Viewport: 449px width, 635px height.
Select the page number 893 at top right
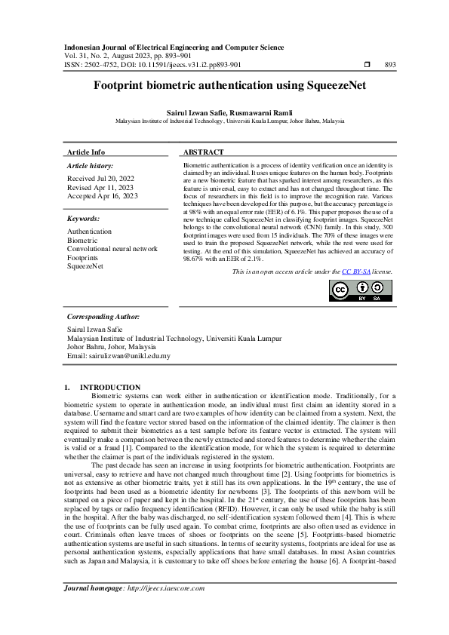coord(390,65)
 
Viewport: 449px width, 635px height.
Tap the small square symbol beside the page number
coord(367,65)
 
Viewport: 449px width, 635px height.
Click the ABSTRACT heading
coord(203,152)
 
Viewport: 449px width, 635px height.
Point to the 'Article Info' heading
coord(87,152)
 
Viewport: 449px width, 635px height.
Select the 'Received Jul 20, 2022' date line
coord(100,178)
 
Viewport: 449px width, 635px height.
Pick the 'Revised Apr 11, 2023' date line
coord(100,187)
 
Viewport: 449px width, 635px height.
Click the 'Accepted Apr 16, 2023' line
coord(103,196)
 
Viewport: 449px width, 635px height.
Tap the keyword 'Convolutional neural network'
coord(112,248)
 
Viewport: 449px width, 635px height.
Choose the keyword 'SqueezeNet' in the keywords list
coord(85,266)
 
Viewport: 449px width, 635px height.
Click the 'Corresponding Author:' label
coord(103,317)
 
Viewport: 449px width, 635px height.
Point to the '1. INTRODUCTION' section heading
coord(103,387)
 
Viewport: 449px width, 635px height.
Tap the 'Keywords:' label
coord(84,219)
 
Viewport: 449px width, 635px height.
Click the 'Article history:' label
coord(91,165)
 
